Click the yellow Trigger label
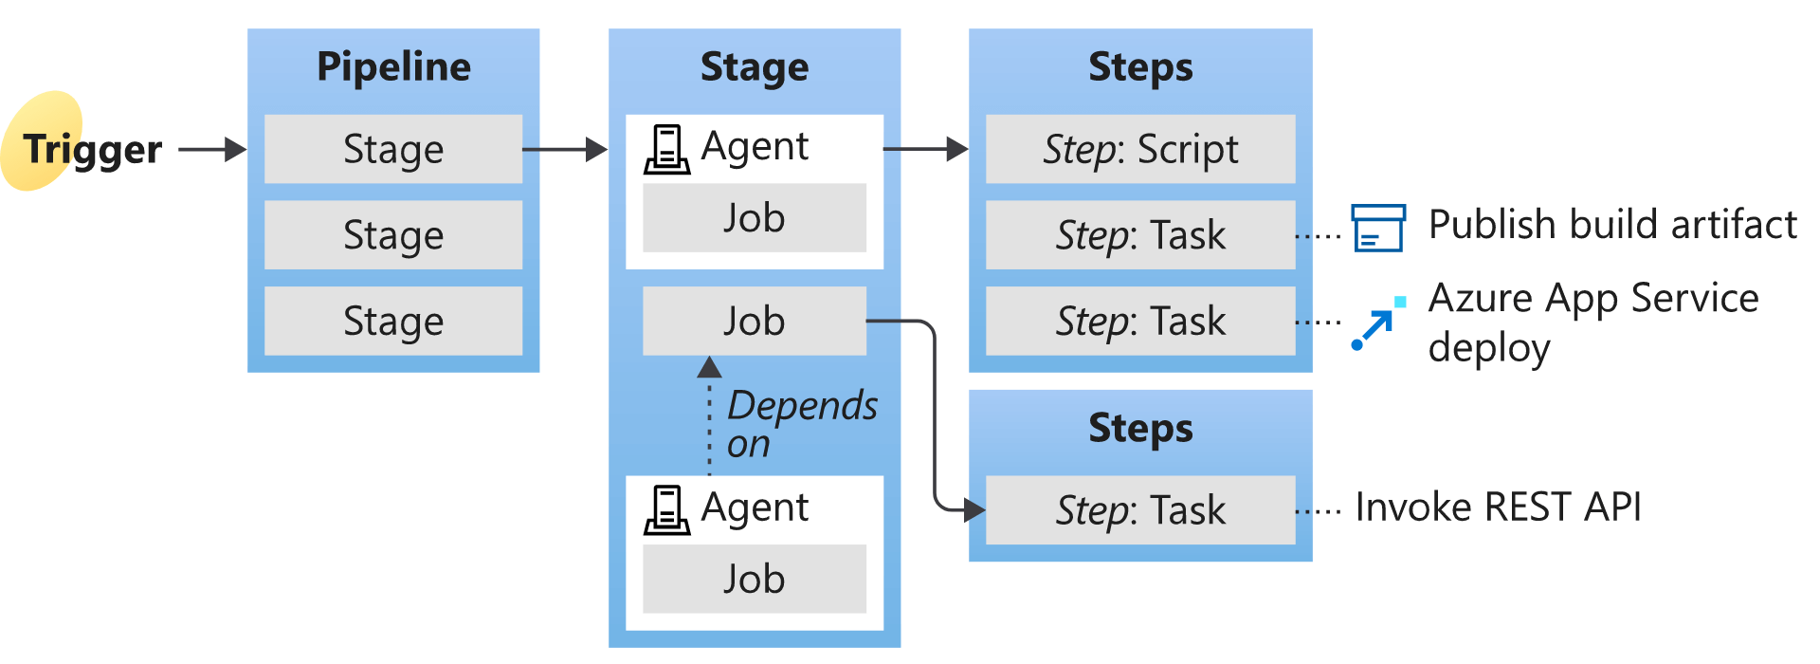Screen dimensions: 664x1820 [91, 149]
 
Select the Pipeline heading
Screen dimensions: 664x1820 [393, 67]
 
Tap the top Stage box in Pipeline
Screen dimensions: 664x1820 [393, 149]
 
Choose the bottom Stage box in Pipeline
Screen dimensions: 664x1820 [393, 321]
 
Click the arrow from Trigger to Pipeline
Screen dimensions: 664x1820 [210, 149]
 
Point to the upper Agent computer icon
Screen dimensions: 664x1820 [666, 150]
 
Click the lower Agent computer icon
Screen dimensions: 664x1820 [666, 510]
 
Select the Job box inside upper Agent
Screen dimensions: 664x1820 [754, 218]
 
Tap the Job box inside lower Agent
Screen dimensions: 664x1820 [754, 579]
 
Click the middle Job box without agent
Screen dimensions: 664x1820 [754, 321]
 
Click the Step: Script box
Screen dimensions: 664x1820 [1140, 149]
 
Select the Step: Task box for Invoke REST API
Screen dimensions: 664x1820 [1140, 510]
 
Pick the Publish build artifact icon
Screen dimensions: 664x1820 [1377, 228]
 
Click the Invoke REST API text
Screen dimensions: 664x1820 [1498, 507]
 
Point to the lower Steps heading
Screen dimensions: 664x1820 [1140, 429]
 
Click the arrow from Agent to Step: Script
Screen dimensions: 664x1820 [924, 149]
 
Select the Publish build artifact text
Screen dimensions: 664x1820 [1611, 225]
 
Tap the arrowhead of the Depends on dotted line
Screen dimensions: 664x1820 [709, 367]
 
